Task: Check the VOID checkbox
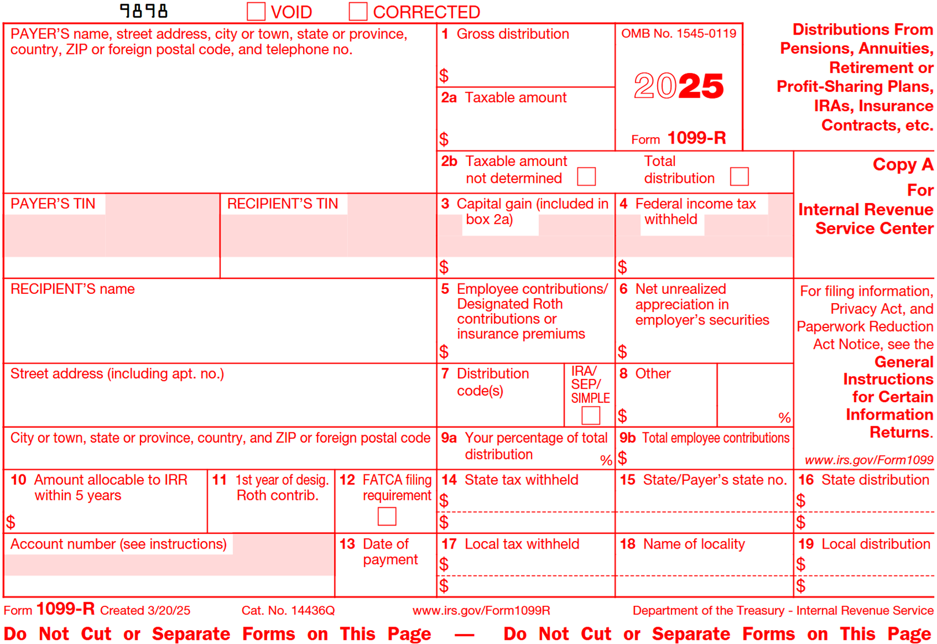[256, 12]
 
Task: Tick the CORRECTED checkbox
[358, 12]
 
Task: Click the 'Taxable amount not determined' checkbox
[586, 176]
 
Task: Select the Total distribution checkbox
[739, 176]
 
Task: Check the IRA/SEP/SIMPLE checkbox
[591, 415]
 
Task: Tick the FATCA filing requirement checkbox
[387, 516]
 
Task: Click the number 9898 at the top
[143, 11]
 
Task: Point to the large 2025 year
[678, 86]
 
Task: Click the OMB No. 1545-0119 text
[678, 34]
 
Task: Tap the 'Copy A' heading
[902, 165]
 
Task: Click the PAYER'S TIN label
[53, 204]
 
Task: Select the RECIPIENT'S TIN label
[282, 204]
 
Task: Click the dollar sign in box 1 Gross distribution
[444, 75]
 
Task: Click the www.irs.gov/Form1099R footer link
[481, 610]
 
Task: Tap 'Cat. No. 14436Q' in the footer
[288, 610]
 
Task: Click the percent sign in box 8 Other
[784, 417]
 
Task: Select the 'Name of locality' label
[694, 544]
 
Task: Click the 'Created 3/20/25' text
[145, 610]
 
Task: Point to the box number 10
[19, 480]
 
